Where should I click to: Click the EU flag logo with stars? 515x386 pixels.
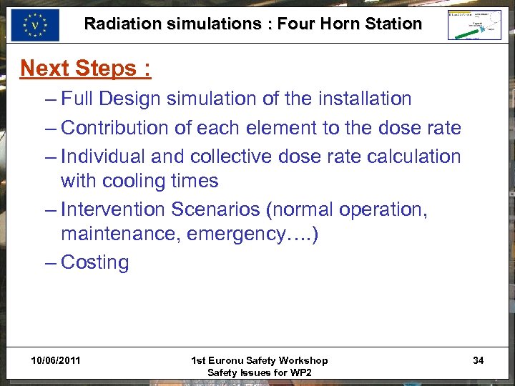[34, 25]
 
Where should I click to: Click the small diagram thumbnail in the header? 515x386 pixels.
[474, 25]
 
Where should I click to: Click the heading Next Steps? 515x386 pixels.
[85, 68]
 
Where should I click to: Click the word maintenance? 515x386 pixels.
[121, 234]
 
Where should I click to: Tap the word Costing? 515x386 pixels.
[95, 262]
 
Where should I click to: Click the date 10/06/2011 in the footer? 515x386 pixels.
[56, 360]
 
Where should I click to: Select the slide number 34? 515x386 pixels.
[478, 360]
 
